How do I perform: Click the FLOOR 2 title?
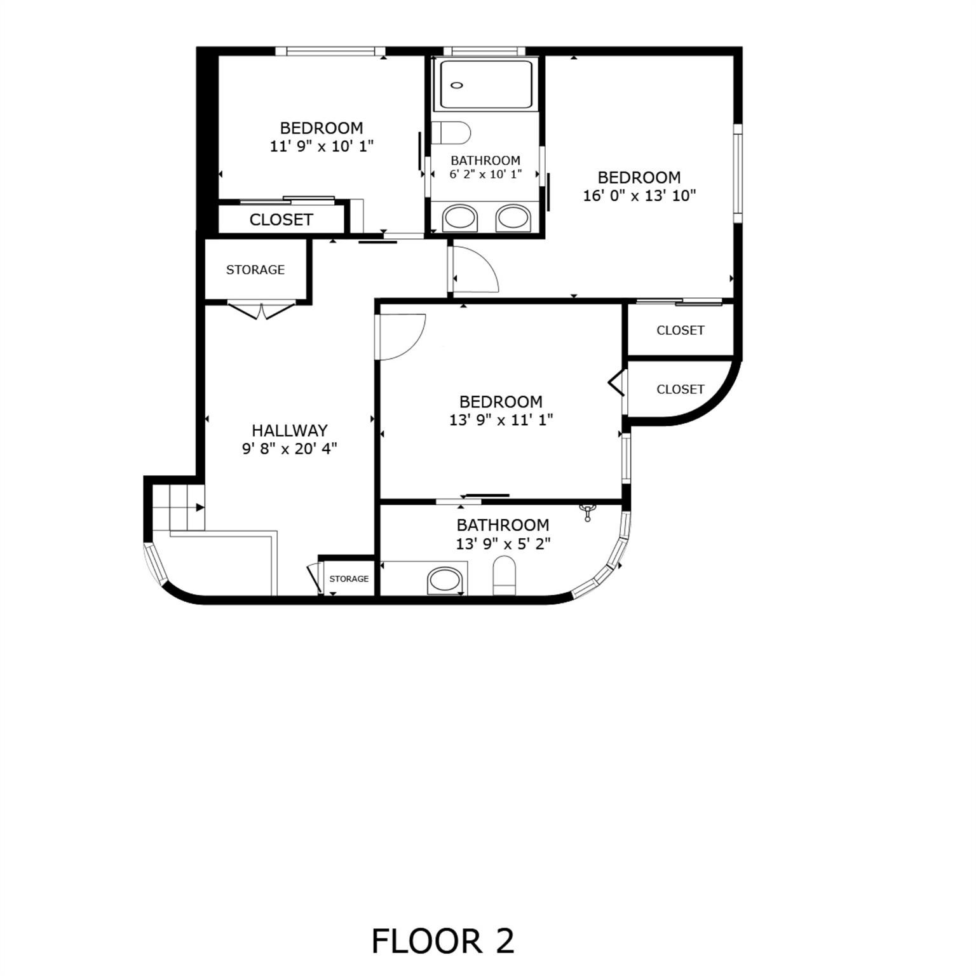(442, 941)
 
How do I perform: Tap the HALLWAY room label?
(289, 430)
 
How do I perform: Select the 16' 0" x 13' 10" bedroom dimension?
(639, 196)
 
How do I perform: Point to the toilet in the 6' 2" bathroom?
(452, 133)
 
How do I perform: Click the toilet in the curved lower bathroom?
(504, 574)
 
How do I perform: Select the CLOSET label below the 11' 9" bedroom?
(281, 220)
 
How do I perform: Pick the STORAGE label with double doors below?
(255, 269)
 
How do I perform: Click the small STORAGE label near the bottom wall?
(349, 579)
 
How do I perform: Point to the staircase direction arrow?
(200, 507)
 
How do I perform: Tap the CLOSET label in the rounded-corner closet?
(680, 389)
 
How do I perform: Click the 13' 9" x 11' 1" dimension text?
(501, 420)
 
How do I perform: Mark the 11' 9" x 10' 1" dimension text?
(322, 146)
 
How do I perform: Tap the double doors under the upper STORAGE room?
(262, 311)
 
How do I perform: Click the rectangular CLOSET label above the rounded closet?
(680, 330)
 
